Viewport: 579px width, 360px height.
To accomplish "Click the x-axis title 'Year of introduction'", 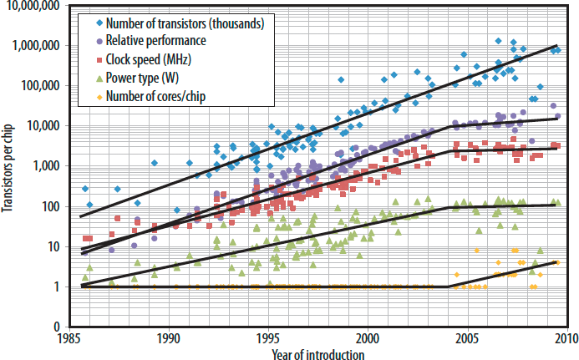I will (x=317, y=354).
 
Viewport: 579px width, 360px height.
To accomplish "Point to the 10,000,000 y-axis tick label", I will (x=34, y=6).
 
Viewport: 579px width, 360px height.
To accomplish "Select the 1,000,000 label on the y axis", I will (x=38, y=46).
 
